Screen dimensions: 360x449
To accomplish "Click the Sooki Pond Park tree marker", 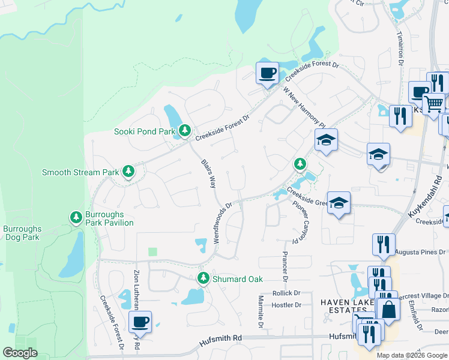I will (184, 131).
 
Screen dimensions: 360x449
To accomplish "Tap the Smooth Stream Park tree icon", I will (128, 172).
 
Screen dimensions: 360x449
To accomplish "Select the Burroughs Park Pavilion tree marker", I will (76, 217).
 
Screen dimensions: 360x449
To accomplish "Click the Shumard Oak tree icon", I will (203, 278).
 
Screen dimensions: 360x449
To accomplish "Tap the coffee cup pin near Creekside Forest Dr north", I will (267, 74).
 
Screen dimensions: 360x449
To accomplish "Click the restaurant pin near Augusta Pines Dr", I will (384, 244).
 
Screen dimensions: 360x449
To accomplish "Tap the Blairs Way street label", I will (208, 173).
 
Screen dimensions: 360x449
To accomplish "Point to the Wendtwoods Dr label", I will (222, 222).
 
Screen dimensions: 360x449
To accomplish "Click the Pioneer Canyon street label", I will (299, 220).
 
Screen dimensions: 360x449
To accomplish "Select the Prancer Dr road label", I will (285, 267).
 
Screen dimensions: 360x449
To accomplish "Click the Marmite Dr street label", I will (261, 311).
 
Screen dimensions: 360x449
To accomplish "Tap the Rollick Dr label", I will (286, 293).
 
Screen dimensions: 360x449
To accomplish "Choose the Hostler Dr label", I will (286, 305).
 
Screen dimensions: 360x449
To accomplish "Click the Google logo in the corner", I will (20, 353).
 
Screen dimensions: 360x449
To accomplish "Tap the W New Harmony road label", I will (304, 104).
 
